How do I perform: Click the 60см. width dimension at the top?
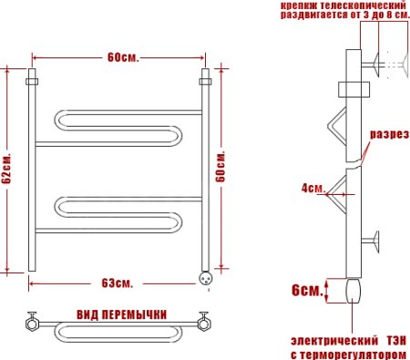click(x=121, y=57)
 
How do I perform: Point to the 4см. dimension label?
click(x=313, y=189)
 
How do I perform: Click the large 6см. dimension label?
click(x=305, y=291)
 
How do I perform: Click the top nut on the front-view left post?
click(x=32, y=75)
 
